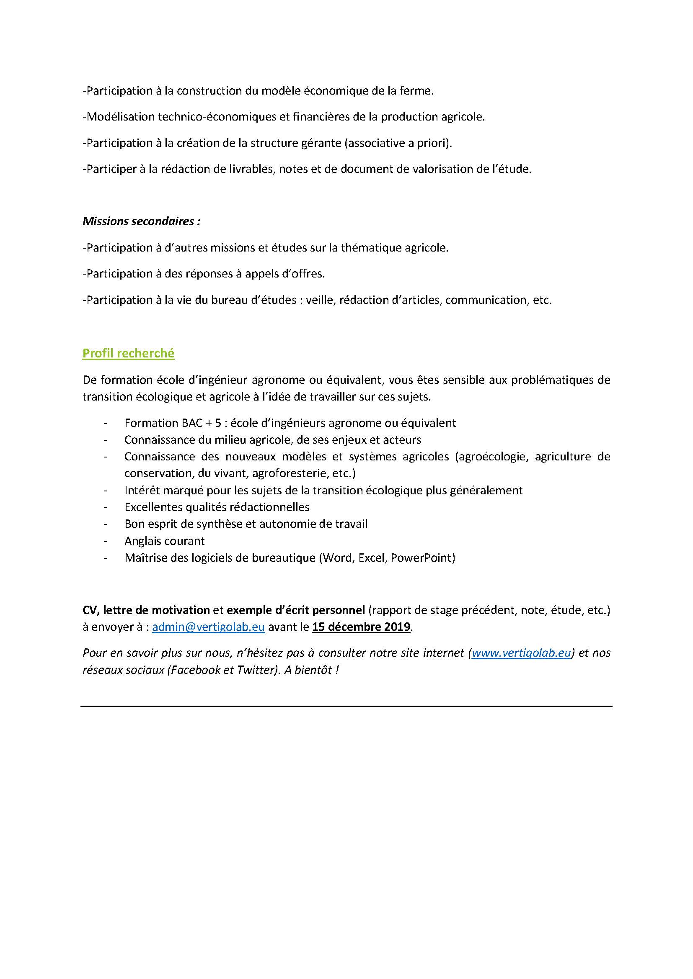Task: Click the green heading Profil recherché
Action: pyautogui.click(x=128, y=354)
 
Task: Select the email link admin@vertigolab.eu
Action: pyautogui.click(x=208, y=627)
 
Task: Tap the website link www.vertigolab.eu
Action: pyautogui.click(x=521, y=653)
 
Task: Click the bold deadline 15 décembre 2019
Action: pyautogui.click(x=361, y=627)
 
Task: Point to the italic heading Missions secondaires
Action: pyautogui.click(x=141, y=221)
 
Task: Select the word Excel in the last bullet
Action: pyautogui.click(x=371, y=558)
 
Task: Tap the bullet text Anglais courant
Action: pyautogui.click(x=164, y=541)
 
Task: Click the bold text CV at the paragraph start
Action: pyautogui.click(x=90, y=610)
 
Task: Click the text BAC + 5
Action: pyautogui.click(x=199, y=423)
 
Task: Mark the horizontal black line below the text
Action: pyautogui.click(x=346, y=707)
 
